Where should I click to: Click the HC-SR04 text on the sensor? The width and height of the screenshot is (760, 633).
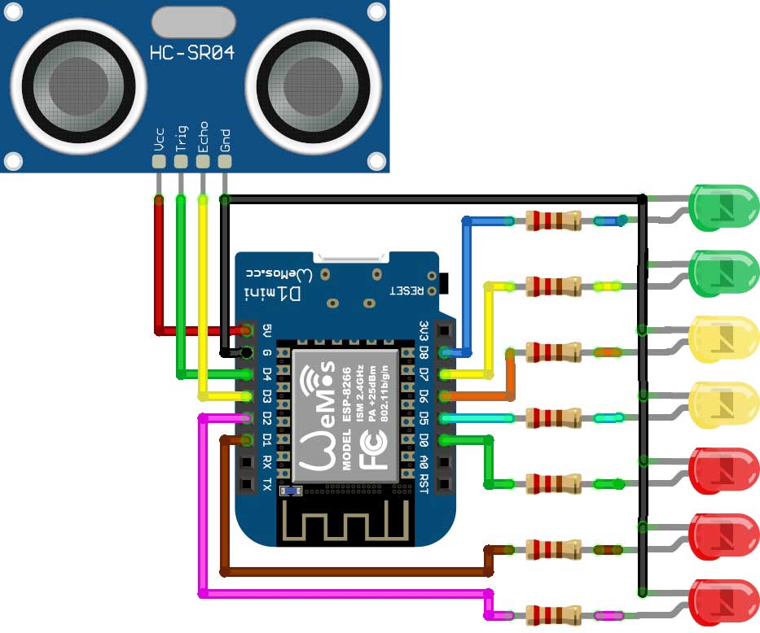click(x=192, y=54)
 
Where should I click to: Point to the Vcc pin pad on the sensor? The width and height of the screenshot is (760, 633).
click(x=159, y=162)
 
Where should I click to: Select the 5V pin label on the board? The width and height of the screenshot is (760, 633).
click(x=266, y=330)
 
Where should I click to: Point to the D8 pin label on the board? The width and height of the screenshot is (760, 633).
click(x=423, y=352)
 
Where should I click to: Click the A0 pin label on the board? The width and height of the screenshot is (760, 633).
click(x=423, y=462)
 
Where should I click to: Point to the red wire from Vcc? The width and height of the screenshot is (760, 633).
click(x=158, y=268)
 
